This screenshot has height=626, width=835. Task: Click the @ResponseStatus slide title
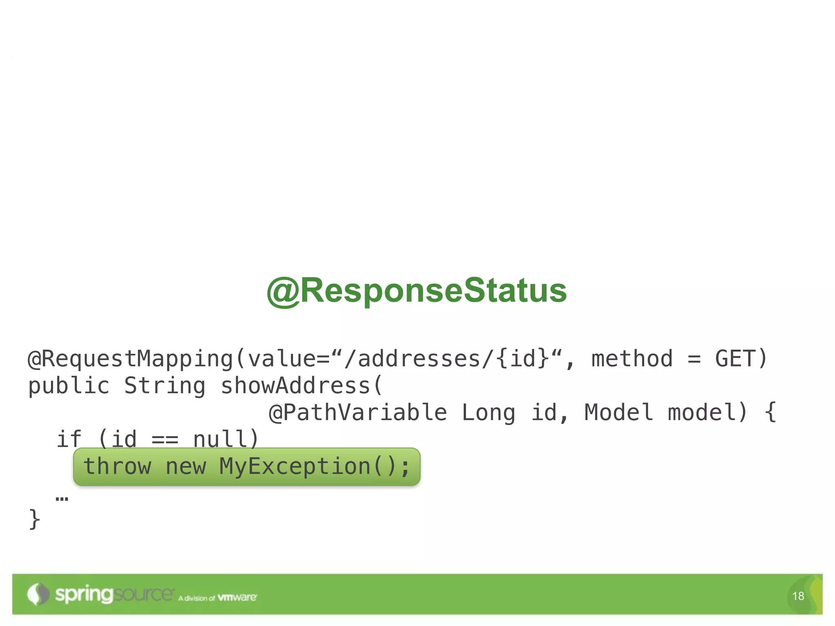(x=417, y=291)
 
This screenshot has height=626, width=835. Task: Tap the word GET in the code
(x=734, y=359)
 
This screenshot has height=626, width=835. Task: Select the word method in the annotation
(x=632, y=359)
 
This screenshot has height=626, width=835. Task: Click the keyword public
(x=68, y=386)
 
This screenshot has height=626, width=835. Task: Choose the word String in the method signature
(x=165, y=386)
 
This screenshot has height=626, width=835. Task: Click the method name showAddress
(x=295, y=386)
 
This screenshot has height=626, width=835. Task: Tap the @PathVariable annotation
(x=358, y=412)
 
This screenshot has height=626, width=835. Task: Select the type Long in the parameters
(x=488, y=412)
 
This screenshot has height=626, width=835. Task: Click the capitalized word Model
(x=619, y=412)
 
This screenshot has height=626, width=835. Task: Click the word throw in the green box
(x=117, y=467)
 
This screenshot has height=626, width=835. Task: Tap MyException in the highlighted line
(x=295, y=467)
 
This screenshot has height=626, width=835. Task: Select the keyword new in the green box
(x=186, y=467)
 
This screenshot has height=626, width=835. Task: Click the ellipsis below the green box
(x=62, y=498)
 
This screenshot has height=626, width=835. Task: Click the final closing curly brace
(x=35, y=519)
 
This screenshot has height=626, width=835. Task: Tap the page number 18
(x=798, y=596)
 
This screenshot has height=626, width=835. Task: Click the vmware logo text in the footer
(x=237, y=597)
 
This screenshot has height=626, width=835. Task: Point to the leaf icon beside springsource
(x=38, y=594)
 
